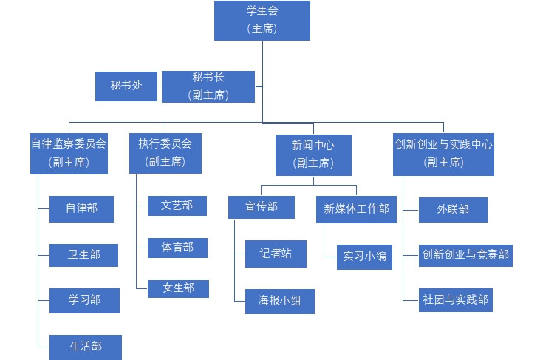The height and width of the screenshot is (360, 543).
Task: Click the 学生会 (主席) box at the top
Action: [x=262, y=20]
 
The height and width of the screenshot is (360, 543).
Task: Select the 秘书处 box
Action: [x=126, y=86]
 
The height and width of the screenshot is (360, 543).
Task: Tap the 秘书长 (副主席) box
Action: [x=208, y=86]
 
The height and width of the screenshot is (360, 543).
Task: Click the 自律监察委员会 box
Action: [x=69, y=153]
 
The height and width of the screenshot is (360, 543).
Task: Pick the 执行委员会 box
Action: [x=165, y=153]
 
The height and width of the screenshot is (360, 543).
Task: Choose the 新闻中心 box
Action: [x=313, y=154]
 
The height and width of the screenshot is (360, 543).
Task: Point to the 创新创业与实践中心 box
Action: [x=443, y=153]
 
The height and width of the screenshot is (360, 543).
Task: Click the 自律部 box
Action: [x=81, y=208]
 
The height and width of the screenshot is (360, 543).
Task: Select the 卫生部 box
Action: [x=84, y=255]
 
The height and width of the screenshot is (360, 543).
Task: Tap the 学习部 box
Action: [x=84, y=300]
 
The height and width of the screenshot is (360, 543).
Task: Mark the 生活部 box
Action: [x=86, y=347]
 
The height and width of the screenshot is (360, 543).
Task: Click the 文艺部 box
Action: [x=177, y=206]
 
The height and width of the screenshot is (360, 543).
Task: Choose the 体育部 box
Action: [x=177, y=248]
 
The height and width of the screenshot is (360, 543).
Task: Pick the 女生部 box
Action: [x=178, y=288]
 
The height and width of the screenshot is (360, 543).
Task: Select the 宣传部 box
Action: [x=262, y=207]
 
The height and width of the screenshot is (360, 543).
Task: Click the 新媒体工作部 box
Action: [x=356, y=208]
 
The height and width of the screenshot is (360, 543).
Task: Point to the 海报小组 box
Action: [x=279, y=301]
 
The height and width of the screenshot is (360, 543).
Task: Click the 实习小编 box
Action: [x=363, y=257]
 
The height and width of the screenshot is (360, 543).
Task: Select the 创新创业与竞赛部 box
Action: [x=465, y=255]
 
